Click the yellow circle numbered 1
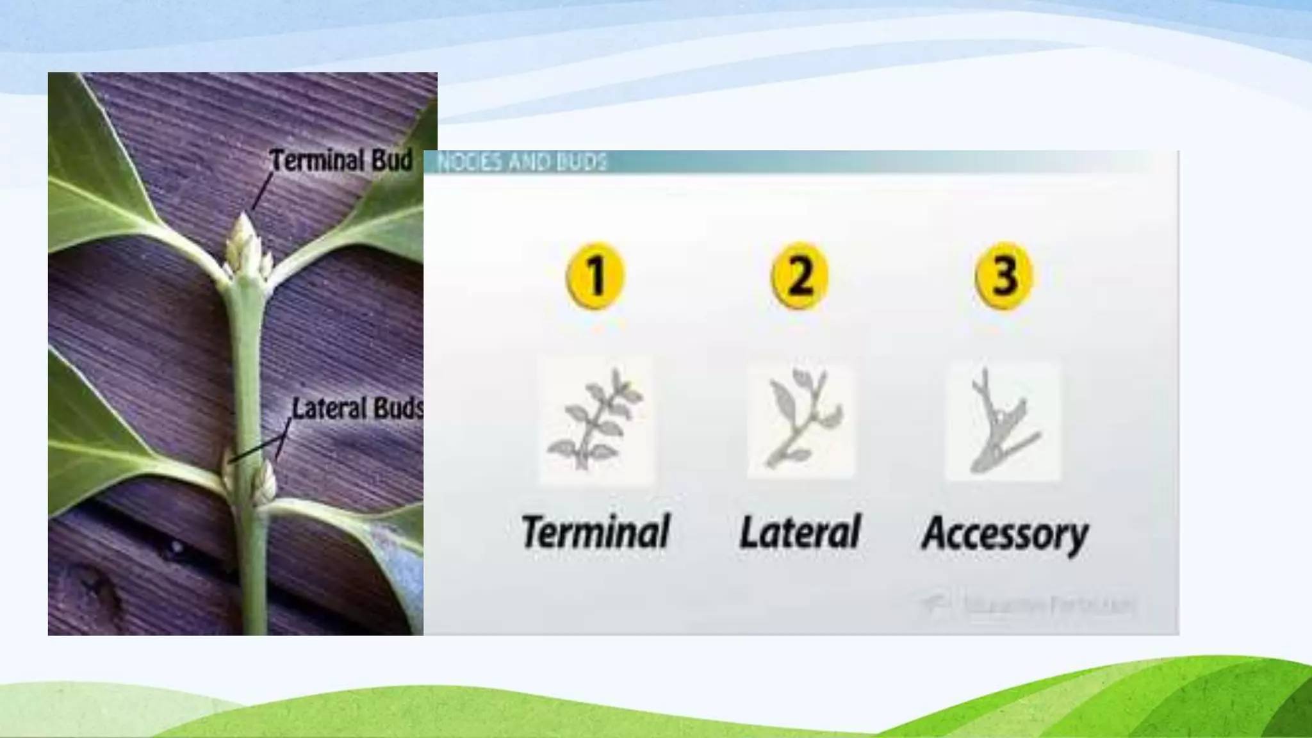pos(595,275)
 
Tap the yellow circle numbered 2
pos(799,275)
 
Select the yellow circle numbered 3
pos(1003,275)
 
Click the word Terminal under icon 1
pos(595,532)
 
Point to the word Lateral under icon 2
pos(799,532)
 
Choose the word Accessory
pos(1004,533)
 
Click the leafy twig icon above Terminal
pos(596,420)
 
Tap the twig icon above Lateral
pos(801,420)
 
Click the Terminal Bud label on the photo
pos(341,160)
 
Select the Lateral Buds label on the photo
pos(357,409)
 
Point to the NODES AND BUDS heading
pos(521,162)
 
